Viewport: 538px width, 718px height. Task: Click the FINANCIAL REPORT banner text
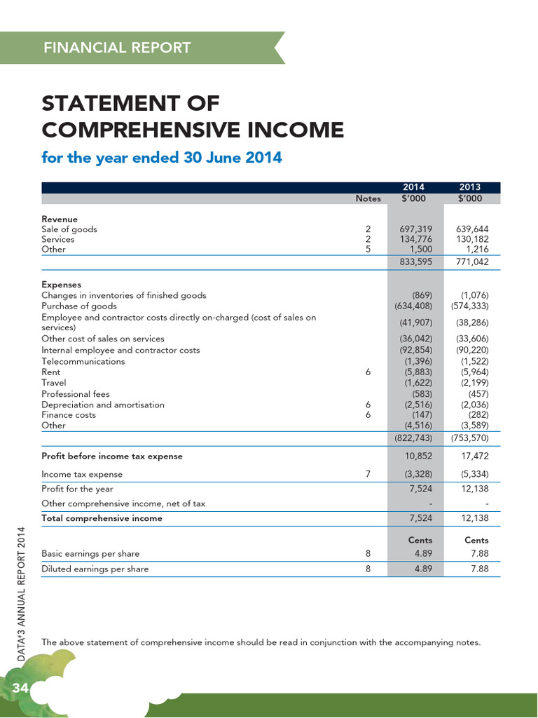pyautogui.click(x=117, y=48)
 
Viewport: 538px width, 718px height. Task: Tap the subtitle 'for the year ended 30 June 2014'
pyautogui.click(x=162, y=157)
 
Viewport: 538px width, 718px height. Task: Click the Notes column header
pyautogui.click(x=368, y=198)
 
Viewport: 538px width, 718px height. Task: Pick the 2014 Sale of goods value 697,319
pyautogui.click(x=416, y=229)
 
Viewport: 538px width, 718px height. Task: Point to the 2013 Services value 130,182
pyautogui.click(x=472, y=239)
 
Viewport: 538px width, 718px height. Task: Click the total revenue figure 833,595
pyautogui.click(x=416, y=262)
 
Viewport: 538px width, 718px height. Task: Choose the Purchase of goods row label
pyautogui.click(x=79, y=306)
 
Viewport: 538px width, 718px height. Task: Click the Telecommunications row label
pyautogui.click(x=83, y=361)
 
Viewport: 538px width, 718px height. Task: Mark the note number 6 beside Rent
pyautogui.click(x=368, y=372)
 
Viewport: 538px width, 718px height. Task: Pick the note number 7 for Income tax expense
pyautogui.click(x=368, y=474)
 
